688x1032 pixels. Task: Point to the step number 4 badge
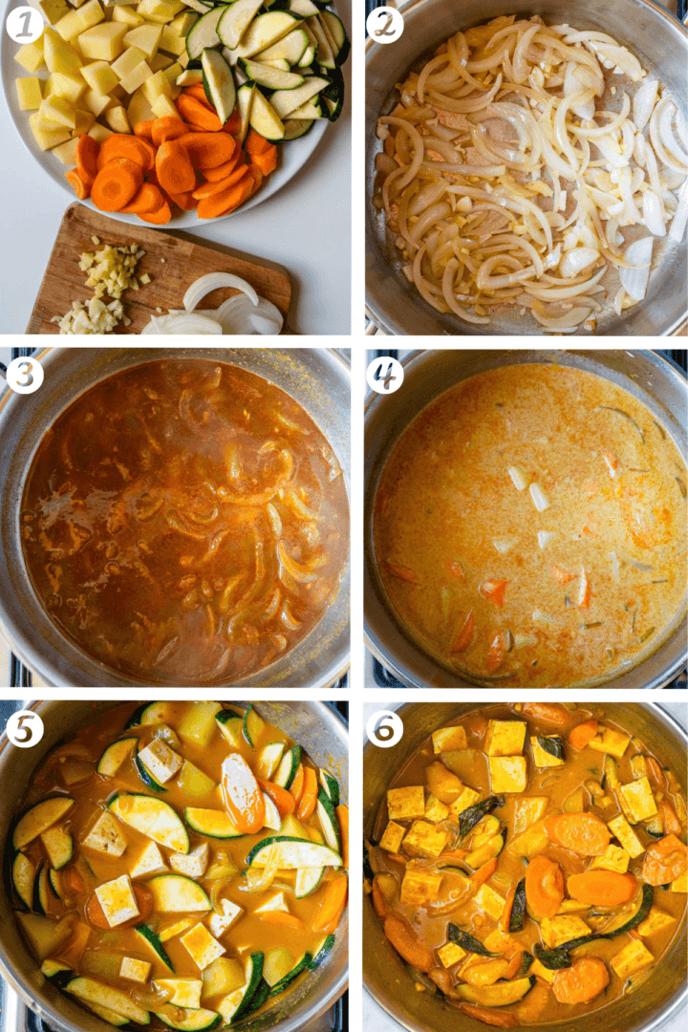click(384, 375)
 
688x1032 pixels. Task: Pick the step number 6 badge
click(384, 729)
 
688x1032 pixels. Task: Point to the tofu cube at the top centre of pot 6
click(504, 738)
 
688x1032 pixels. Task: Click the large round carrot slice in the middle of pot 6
click(544, 886)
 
